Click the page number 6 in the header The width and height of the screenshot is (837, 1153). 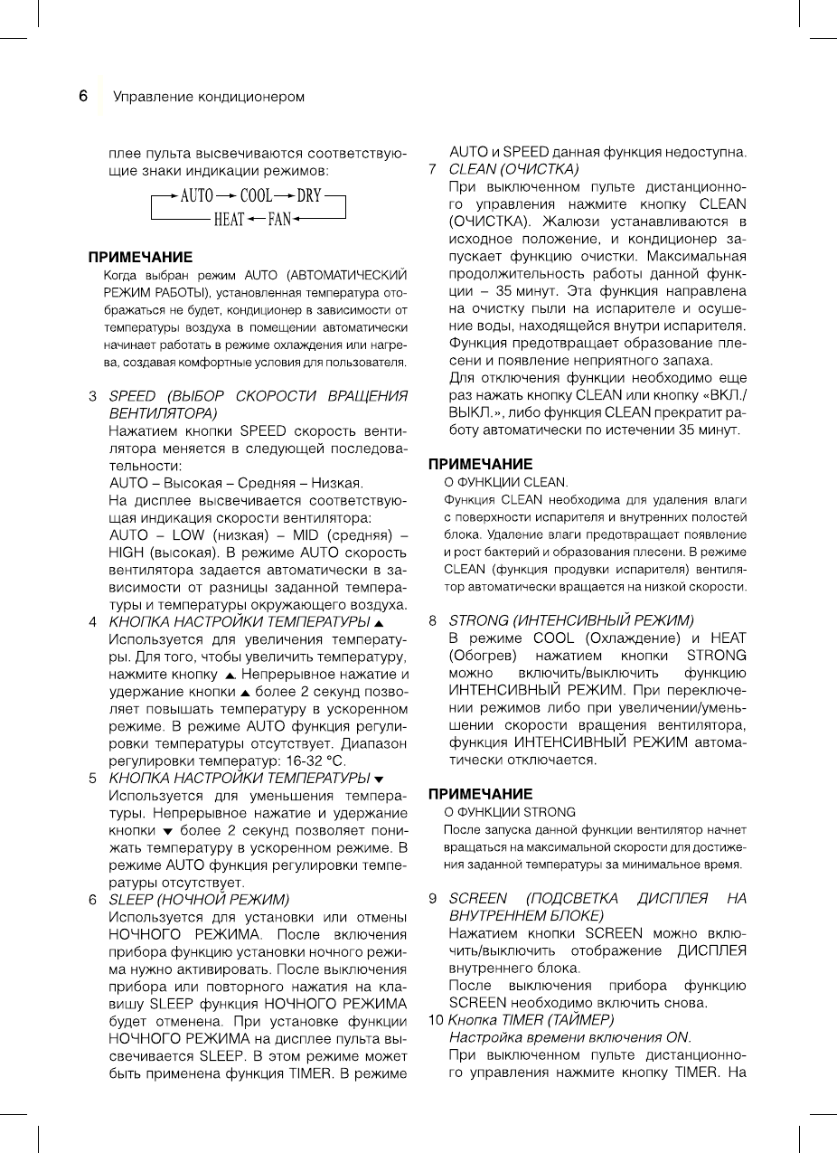tap(82, 95)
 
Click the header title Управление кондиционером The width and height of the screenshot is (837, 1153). tap(208, 97)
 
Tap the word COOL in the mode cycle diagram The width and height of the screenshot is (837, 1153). tap(256, 195)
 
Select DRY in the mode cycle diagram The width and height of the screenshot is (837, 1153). tap(309, 195)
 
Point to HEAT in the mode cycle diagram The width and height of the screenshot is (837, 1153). tap(229, 219)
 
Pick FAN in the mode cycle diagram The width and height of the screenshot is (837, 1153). tap(278, 219)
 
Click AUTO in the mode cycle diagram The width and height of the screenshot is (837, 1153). tap(197, 195)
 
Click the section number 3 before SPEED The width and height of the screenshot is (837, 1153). tap(92, 396)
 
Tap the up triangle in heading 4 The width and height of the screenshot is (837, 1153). tap(379, 623)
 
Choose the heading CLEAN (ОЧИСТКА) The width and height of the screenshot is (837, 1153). tap(513, 168)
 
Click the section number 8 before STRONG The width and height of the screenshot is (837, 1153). tap(433, 620)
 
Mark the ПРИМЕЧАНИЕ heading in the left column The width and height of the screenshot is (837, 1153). tap(140, 257)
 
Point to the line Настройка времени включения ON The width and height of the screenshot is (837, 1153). tap(569, 1036)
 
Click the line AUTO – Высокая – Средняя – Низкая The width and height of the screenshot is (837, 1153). tap(236, 482)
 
